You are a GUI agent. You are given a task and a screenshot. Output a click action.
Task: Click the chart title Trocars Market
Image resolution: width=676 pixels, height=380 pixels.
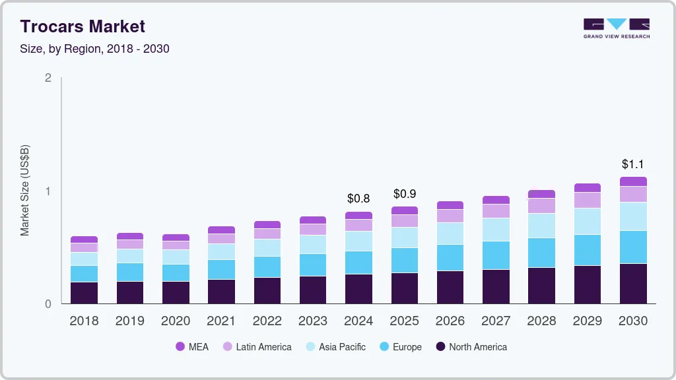point(83,26)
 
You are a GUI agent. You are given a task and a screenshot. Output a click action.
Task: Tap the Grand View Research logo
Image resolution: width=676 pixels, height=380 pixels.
point(617,28)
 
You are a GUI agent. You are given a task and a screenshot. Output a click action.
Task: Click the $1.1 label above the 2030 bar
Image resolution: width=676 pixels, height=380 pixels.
point(633,164)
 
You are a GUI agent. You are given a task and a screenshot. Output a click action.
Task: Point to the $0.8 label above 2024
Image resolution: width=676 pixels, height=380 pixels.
point(358,198)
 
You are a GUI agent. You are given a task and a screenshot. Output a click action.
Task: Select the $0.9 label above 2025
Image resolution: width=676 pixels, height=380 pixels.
point(404,194)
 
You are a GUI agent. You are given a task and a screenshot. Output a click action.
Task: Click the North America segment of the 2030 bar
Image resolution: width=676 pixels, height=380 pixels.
point(633,284)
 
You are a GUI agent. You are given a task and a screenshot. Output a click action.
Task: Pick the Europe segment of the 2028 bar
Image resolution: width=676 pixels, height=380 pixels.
point(541,253)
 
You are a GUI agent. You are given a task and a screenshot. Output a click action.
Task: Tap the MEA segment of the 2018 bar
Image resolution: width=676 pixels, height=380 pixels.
point(84,239)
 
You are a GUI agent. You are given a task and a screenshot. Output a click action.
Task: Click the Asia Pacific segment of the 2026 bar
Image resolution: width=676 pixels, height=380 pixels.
point(450,234)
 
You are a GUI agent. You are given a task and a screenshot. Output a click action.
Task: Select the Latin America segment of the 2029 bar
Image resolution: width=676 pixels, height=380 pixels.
point(587,200)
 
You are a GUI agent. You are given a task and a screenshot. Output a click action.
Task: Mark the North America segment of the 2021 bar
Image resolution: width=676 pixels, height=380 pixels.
point(221,291)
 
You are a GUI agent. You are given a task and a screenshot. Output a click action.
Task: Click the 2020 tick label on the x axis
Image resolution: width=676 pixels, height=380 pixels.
point(176,321)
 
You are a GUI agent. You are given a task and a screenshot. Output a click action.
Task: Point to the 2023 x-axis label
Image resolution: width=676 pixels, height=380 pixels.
point(312,321)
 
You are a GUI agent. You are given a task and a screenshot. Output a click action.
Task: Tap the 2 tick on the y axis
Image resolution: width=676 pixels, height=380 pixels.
point(48,78)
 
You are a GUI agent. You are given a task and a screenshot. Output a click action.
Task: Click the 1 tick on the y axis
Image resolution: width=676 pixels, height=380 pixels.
point(48,191)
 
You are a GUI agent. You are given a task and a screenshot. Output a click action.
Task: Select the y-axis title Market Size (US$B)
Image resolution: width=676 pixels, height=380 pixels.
point(24,190)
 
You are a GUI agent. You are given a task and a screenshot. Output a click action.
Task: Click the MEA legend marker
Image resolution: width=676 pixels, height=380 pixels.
point(180,347)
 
